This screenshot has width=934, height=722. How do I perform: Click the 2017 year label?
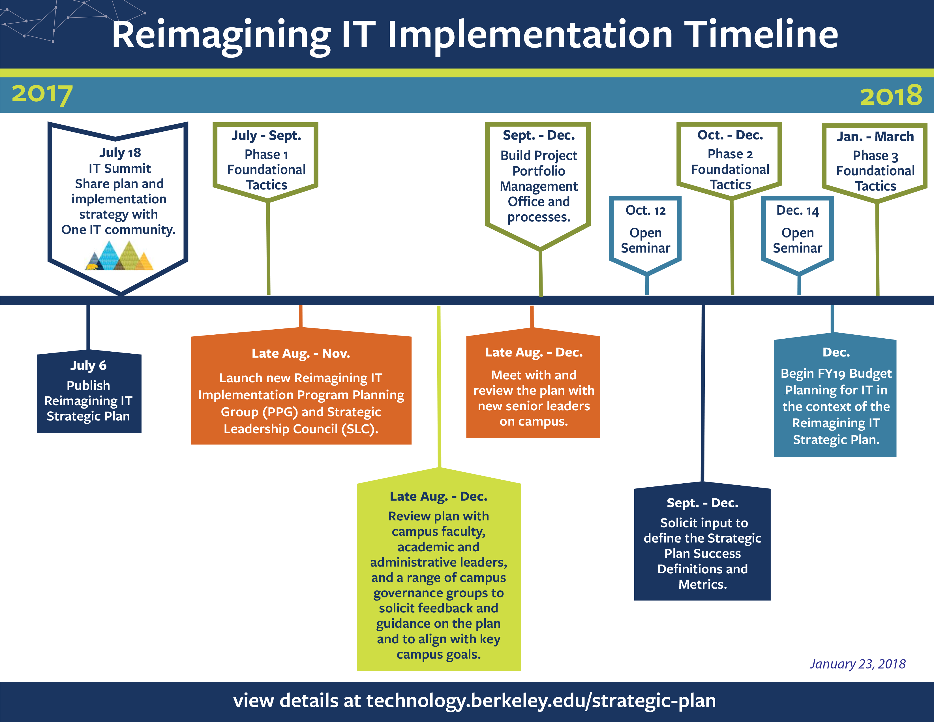42,94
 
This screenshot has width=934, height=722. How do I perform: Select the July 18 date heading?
120,153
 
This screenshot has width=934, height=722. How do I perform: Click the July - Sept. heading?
266,136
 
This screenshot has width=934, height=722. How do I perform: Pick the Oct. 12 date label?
646,210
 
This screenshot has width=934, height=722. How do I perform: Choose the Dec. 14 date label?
798,210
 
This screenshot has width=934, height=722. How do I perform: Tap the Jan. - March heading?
875,136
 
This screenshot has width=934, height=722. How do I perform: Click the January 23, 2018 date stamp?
858,664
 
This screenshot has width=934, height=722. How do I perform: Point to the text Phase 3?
875,156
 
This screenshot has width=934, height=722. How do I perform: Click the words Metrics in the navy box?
703,584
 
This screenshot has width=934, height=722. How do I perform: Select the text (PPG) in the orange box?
280,412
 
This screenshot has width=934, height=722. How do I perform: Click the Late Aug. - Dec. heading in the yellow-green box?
439,497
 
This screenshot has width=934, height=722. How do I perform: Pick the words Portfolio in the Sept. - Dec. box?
539,171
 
